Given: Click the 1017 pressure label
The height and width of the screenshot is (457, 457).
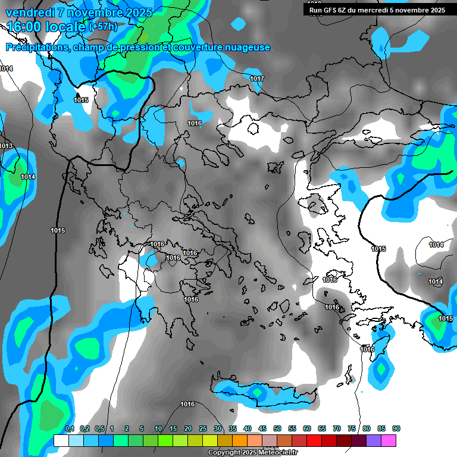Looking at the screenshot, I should click(257, 79).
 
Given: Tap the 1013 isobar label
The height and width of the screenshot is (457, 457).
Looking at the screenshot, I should click(6, 146).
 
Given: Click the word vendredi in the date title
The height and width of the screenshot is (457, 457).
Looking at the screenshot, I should click(29, 12).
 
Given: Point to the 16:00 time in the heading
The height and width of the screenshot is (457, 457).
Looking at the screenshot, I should click(27, 27).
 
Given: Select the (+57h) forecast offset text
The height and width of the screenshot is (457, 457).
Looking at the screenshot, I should click(104, 27).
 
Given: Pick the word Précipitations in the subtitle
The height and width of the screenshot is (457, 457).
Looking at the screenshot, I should click(36, 48).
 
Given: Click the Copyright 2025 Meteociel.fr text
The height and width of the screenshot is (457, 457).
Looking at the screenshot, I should click(261, 453).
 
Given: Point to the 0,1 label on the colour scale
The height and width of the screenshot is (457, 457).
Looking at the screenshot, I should click(70, 429).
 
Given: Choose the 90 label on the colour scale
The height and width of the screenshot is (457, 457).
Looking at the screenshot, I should click(396, 429).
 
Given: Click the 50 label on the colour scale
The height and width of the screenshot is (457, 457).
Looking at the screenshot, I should click(277, 429).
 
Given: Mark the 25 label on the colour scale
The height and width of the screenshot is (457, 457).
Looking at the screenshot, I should click(203, 429).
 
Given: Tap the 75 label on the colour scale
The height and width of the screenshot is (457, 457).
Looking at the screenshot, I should click(352, 429).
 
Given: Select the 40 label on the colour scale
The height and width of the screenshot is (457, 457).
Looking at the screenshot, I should click(248, 429).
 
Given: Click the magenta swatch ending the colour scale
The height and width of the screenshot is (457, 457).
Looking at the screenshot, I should click(389, 440).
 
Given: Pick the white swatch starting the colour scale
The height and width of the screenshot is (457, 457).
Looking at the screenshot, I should click(61, 440).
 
